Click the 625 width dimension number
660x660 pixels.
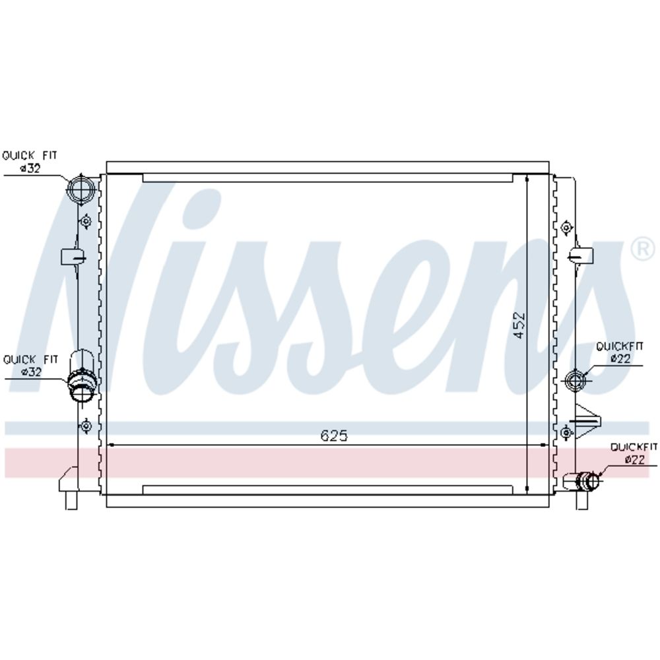334,436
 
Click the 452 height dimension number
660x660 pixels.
519,325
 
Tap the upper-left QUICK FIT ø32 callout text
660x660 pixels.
30,162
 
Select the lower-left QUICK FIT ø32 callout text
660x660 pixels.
30,366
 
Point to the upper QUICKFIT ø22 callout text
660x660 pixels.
620,352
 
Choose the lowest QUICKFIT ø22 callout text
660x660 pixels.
634,453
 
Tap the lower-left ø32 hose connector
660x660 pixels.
82,385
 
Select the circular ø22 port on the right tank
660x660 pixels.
576,380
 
